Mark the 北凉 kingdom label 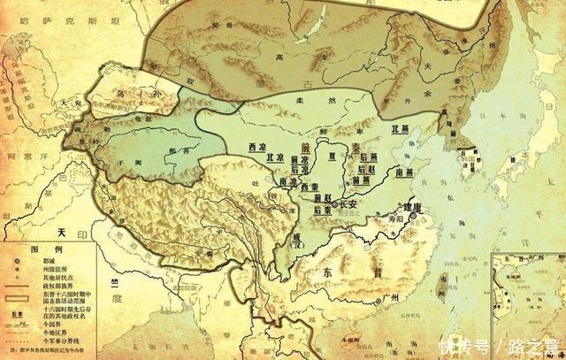click(x=275, y=157)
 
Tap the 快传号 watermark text click(x=468, y=343)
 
